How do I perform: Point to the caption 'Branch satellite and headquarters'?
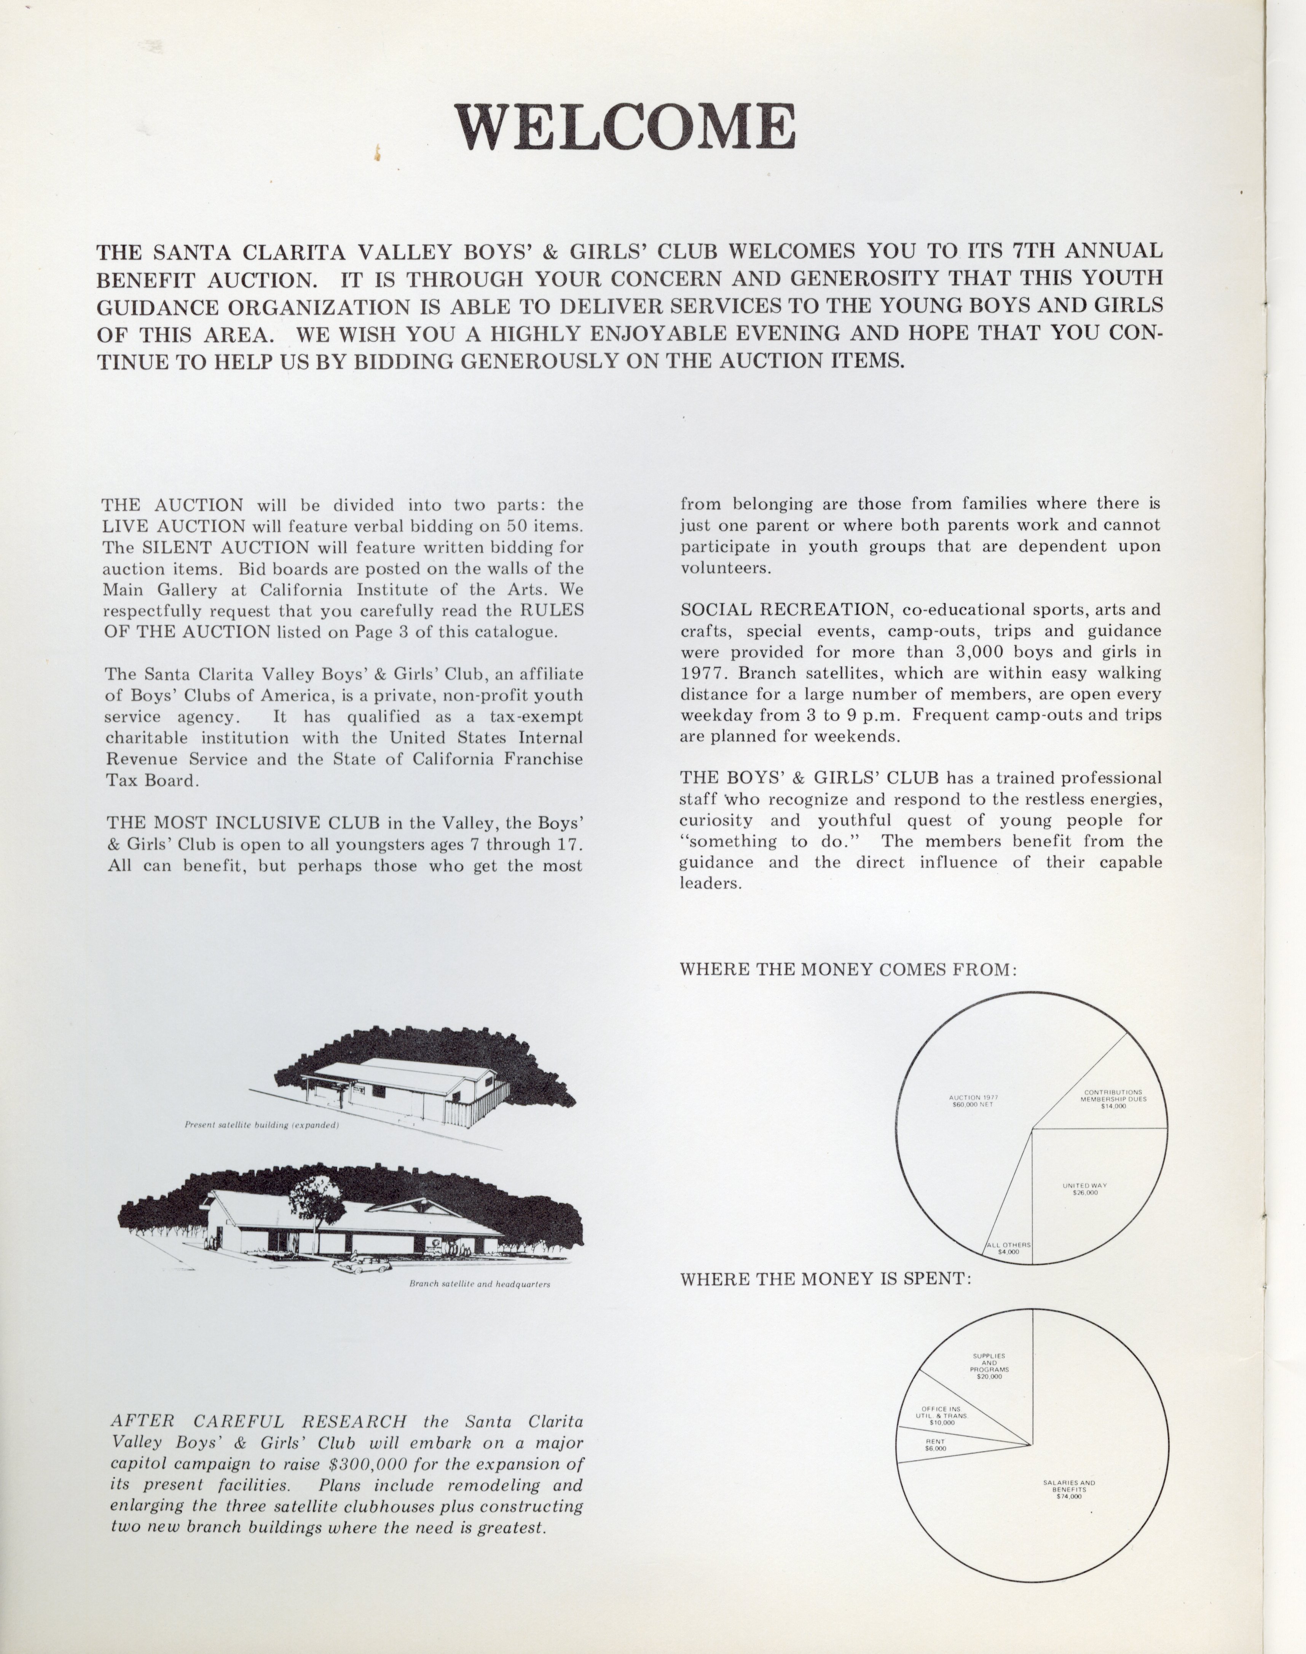480,1284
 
